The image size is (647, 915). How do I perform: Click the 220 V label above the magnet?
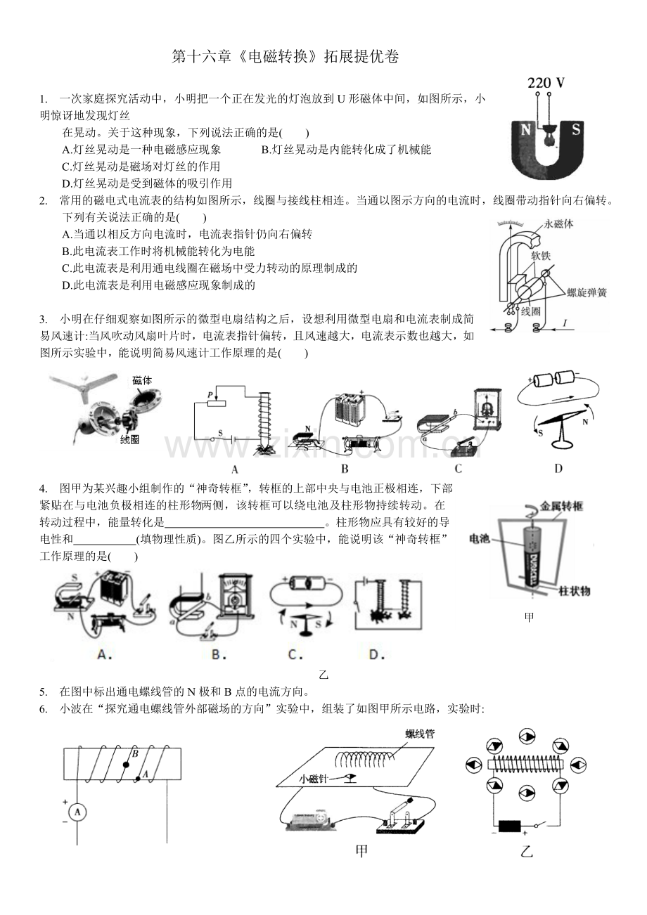(x=546, y=83)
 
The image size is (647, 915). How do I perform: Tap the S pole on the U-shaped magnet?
(x=575, y=129)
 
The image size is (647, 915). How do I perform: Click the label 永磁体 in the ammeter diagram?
(x=560, y=224)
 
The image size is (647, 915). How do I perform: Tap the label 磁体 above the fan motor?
(x=143, y=380)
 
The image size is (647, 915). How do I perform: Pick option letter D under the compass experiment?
(x=558, y=468)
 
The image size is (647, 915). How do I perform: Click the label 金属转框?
(x=560, y=506)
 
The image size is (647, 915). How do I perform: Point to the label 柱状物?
(x=575, y=591)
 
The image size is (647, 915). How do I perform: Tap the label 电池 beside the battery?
(x=479, y=538)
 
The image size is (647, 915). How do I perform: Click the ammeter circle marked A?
(x=78, y=812)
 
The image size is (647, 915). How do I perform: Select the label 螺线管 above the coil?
(x=420, y=734)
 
